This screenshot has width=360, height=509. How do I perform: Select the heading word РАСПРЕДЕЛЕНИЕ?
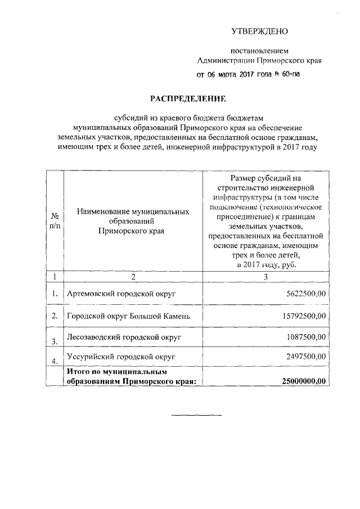click(x=187, y=99)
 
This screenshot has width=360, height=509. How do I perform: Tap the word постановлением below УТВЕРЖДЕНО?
click(x=259, y=50)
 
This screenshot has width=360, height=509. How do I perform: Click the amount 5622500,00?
click(x=306, y=294)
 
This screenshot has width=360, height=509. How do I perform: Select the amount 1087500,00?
click(x=306, y=337)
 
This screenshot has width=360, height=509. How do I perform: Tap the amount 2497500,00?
click(x=306, y=357)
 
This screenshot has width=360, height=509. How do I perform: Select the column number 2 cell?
click(x=133, y=276)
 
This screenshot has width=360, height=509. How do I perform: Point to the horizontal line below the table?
click(x=196, y=416)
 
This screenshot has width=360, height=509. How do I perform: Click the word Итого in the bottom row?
click(x=78, y=372)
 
